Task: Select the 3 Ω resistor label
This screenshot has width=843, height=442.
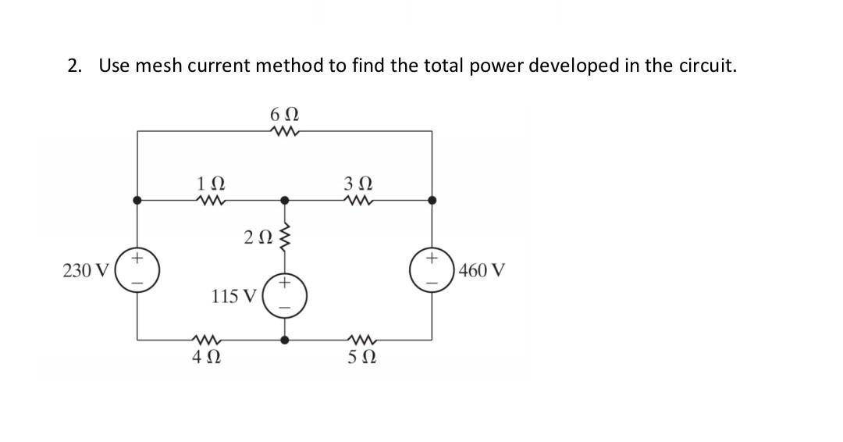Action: click(x=355, y=185)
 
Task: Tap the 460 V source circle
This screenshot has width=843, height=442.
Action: click(x=432, y=271)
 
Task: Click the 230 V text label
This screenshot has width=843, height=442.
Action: click(x=86, y=271)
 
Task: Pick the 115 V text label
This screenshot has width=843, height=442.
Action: click(x=233, y=297)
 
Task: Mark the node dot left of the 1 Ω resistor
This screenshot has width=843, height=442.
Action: click(x=139, y=200)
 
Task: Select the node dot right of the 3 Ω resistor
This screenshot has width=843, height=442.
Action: click(x=432, y=200)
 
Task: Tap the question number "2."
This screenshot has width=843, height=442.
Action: click(x=74, y=66)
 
